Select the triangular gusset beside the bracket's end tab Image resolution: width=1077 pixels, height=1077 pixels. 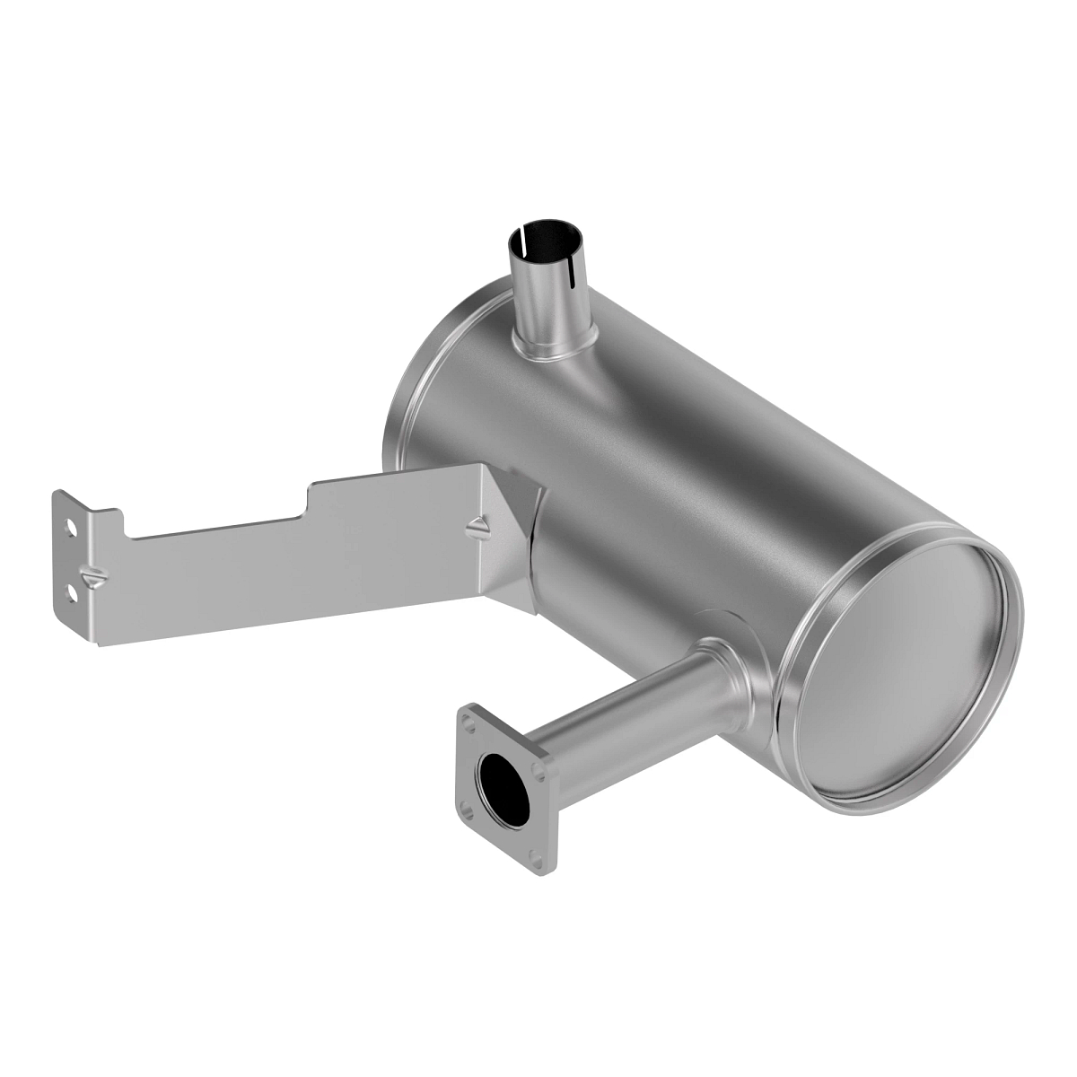[92, 574]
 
